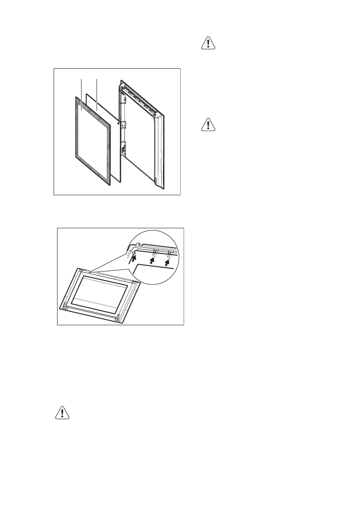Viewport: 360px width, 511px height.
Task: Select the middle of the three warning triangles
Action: click(208, 125)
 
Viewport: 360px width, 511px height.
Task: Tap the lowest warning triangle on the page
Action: click(63, 413)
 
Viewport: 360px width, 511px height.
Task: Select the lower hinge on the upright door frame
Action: click(123, 149)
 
